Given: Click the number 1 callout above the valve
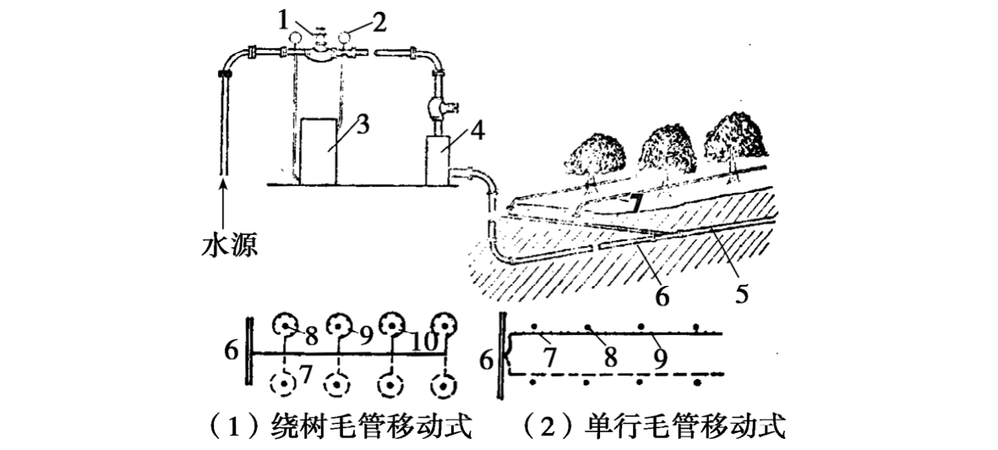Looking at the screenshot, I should point(291,15).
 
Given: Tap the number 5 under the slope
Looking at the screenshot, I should point(740,295).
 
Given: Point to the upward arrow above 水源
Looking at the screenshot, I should point(224,200).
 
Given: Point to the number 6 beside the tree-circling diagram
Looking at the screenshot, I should point(232,349).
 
